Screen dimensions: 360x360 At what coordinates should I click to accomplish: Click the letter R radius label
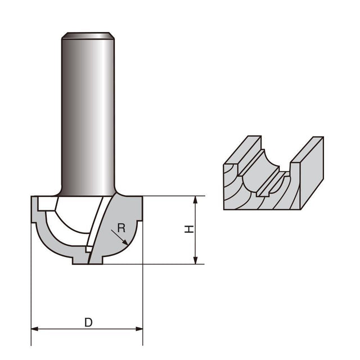(x=121, y=228)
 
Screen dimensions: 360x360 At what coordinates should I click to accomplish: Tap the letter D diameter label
(x=88, y=322)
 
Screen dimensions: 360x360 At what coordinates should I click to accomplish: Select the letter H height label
(x=189, y=229)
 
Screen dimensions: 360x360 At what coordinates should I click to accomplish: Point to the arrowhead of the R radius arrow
(x=126, y=242)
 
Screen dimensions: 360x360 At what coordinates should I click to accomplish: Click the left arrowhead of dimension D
(x=34, y=329)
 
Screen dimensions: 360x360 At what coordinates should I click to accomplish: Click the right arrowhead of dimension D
(x=139, y=329)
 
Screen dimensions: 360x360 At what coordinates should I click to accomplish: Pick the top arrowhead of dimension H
(x=195, y=200)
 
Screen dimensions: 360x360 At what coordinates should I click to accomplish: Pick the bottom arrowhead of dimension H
(x=195, y=260)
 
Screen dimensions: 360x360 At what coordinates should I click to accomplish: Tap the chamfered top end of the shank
(x=88, y=35)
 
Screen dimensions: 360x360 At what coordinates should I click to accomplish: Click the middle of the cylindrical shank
(x=88, y=115)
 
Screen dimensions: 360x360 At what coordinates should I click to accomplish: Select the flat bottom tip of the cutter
(x=88, y=264)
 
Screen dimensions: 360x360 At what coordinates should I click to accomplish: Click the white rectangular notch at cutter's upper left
(x=47, y=204)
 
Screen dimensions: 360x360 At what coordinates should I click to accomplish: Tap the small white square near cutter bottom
(x=89, y=249)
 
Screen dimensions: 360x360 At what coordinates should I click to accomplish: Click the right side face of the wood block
(x=312, y=173)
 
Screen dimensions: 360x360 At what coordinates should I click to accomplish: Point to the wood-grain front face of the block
(x=262, y=191)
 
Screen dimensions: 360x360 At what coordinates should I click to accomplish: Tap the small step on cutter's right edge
(x=139, y=221)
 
